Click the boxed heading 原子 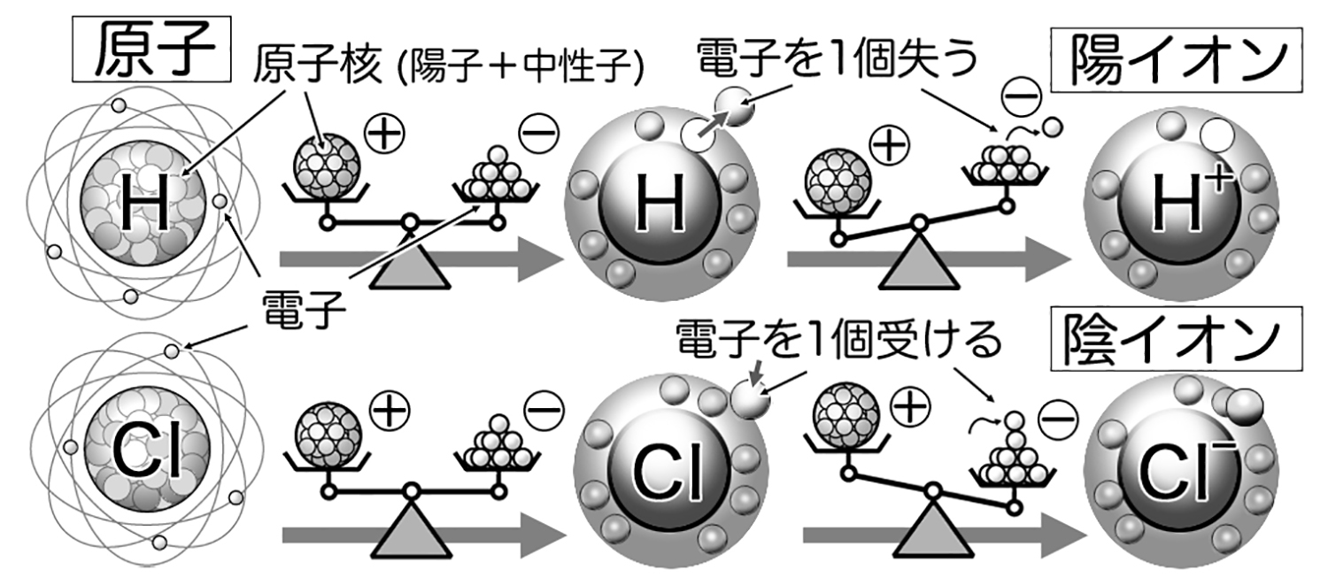pyautogui.click(x=151, y=50)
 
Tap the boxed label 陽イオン pyautogui.click(x=1177, y=60)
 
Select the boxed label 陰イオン pyautogui.click(x=1177, y=339)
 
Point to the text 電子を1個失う pyautogui.click(x=837, y=58)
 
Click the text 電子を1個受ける pyautogui.click(x=838, y=340)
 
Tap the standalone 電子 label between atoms pyautogui.click(x=305, y=309)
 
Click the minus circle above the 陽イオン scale pyautogui.click(x=1022, y=97)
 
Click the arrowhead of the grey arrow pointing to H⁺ pyautogui.click(x=1048, y=259)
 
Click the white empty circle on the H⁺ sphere pyautogui.click(x=1216, y=135)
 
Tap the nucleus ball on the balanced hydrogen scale pyautogui.click(x=328, y=164)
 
